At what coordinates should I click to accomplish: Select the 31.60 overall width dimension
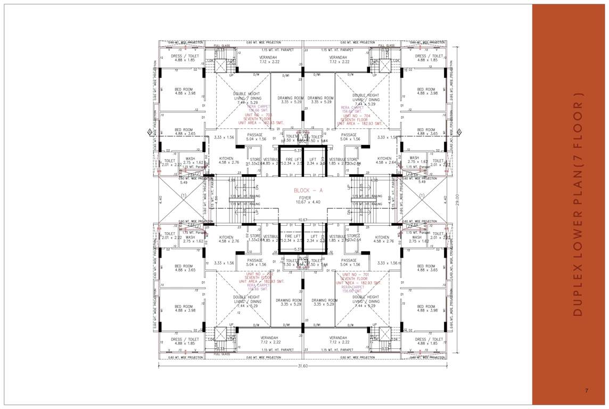pos(303,366)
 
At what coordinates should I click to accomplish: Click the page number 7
pos(586,391)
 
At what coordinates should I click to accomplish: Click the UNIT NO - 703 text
pos(258,114)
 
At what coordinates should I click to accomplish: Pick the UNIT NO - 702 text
pos(258,274)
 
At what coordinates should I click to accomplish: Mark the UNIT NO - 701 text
pos(356,274)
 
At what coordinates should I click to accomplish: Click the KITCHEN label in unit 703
pos(226,158)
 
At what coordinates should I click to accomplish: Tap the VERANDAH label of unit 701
pos(338,338)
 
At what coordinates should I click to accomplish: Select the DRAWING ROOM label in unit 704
pos(320,98)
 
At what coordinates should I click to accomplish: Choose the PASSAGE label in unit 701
pos(349,261)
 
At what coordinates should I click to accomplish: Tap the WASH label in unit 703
pos(190,158)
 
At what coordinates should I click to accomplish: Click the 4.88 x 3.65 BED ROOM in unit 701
pos(426,268)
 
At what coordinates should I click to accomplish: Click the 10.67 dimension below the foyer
pos(303,219)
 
